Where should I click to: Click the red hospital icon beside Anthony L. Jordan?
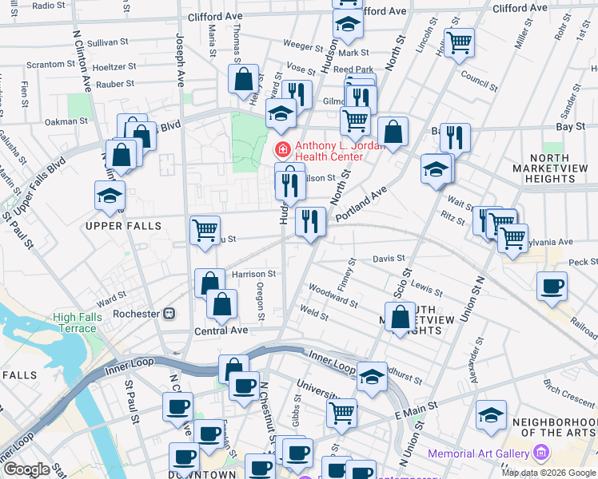tap(281, 149)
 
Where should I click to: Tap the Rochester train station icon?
tap(169, 314)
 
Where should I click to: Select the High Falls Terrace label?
tap(74, 323)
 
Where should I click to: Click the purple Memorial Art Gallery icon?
tap(541, 453)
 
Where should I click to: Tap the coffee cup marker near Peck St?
tap(552, 287)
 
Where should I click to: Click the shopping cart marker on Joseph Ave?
tap(205, 230)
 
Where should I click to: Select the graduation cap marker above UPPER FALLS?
tap(110, 196)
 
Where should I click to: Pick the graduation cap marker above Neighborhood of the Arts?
tap(491, 414)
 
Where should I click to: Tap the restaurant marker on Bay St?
tap(455, 137)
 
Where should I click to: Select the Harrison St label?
tap(253, 273)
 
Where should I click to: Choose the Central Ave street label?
tap(221, 330)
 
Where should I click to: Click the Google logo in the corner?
tap(26, 469)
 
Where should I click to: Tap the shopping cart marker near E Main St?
tap(341, 413)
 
